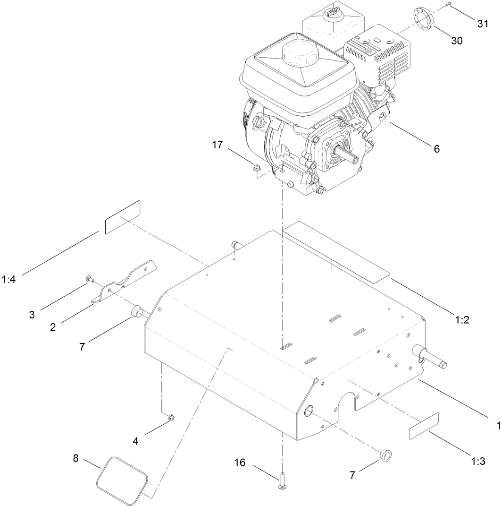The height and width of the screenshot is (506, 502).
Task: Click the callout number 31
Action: [x=482, y=25]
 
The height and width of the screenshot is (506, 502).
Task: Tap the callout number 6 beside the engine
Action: [x=436, y=149]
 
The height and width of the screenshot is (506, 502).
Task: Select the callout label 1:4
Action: [x=9, y=279]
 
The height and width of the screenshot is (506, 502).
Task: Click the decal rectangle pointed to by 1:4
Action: [x=123, y=217]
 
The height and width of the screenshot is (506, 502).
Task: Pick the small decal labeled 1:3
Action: [x=424, y=427]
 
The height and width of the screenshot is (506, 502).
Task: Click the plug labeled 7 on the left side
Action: [x=137, y=311]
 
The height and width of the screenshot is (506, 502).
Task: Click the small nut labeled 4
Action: [x=172, y=417]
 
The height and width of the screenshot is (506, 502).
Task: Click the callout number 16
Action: [x=240, y=462]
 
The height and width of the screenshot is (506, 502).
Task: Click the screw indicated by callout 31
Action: [x=449, y=4]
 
